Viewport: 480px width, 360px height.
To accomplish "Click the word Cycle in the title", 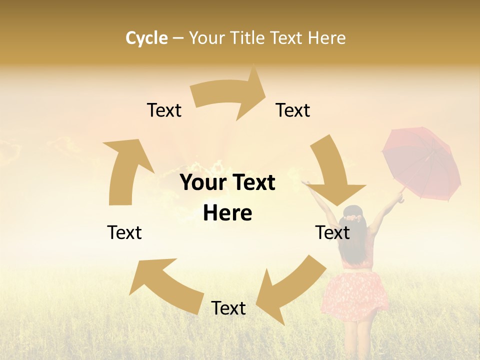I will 146,38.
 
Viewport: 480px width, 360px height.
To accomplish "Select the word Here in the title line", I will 326,38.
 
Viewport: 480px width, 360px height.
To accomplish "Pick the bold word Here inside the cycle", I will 227,213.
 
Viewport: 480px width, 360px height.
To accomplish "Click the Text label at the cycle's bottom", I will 228,308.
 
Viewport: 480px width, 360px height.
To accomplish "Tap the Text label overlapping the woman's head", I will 332,232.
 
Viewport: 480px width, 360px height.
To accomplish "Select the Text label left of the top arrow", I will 164,110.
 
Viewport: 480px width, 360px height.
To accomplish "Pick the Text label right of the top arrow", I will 293,110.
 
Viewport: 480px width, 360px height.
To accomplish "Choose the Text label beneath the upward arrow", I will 124,232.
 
